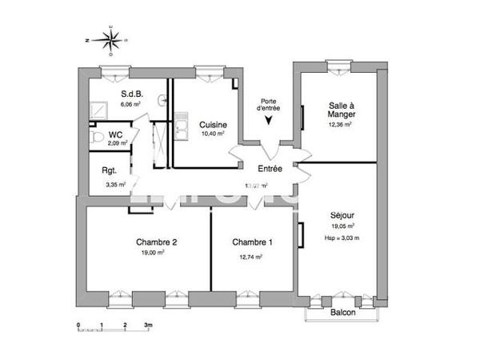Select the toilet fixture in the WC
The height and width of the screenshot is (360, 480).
point(96,138)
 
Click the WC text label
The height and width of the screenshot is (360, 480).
point(116,134)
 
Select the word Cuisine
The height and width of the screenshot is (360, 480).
point(214,125)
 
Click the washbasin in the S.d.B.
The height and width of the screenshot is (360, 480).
point(162,101)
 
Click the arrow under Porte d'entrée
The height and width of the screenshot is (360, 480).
point(268,121)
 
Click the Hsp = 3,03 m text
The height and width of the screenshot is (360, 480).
point(342,238)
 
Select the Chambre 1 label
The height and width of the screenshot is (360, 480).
point(252,242)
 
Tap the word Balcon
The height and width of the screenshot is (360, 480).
point(343,313)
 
